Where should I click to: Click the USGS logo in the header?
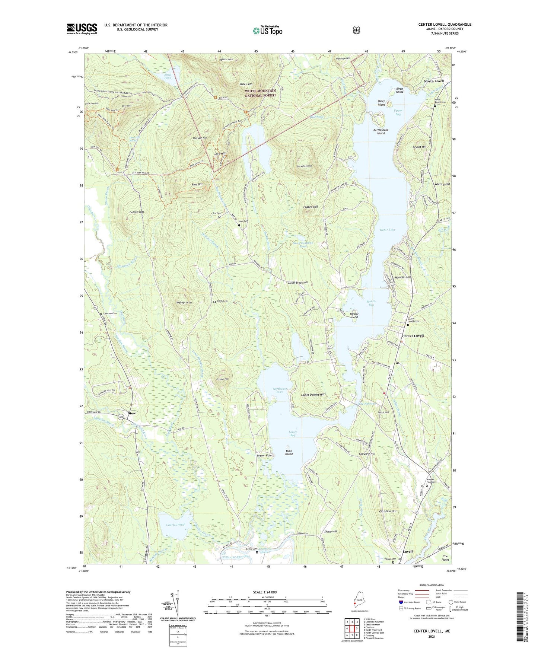tap(82, 29)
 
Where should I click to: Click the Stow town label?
tap(132, 413)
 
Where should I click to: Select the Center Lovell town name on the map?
tap(413, 336)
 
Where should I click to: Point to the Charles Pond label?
tap(175, 525)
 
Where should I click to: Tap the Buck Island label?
tap(289, 452)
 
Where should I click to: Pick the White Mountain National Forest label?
tap(260, 93)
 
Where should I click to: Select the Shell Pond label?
tap(168, 76)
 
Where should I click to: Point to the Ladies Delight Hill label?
tap(313, 394)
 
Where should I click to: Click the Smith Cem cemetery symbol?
tap(214, 302)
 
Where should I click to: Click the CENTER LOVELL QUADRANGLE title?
tap(445, 25)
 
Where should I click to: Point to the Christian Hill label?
tap(388, 511)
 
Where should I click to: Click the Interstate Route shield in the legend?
tap(401, 602)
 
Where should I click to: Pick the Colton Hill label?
tap(137, 212)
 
